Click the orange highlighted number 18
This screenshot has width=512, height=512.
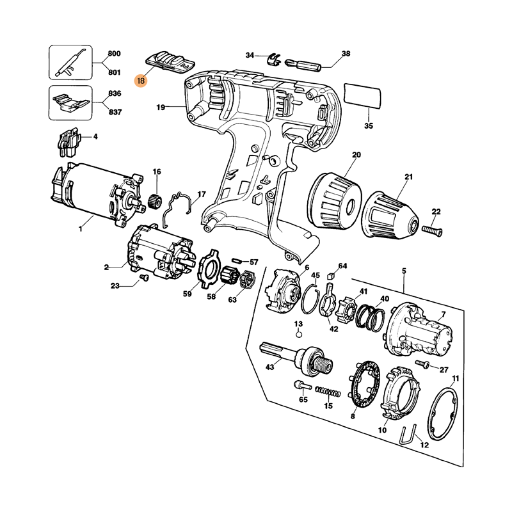141,79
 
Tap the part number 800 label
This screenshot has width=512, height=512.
115,54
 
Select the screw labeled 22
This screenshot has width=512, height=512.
433,230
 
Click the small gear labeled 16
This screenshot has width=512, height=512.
154,201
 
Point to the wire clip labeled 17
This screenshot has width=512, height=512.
178,209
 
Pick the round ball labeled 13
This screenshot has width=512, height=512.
298,335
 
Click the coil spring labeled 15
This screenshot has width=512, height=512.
328,392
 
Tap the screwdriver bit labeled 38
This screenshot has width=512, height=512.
303,65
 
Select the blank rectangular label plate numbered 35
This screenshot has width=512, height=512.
362,95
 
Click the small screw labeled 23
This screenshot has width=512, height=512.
144,277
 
